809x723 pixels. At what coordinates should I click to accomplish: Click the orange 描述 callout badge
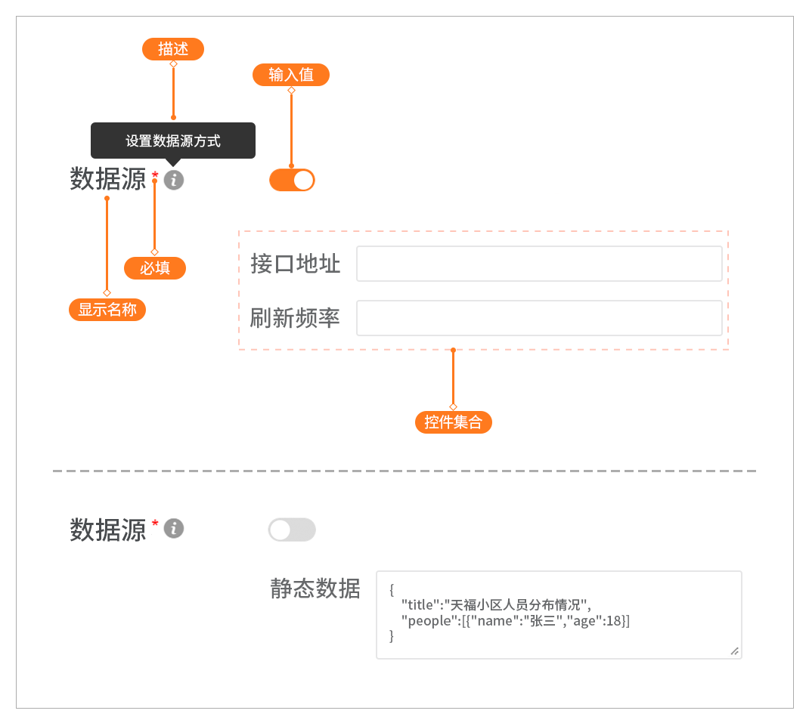173,49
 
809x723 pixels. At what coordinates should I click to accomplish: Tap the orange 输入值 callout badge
291,75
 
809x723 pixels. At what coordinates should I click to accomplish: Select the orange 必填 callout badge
155,268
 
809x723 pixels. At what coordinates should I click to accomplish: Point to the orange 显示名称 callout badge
107,310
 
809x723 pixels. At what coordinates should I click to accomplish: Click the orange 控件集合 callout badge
454,422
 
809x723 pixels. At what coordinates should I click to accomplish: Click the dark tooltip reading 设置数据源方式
173,141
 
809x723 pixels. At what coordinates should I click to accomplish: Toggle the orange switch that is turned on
292,180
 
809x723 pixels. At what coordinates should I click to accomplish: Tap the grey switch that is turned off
292,530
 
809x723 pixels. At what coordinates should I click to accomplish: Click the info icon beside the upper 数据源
174,180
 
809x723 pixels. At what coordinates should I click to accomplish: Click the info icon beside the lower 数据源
174,529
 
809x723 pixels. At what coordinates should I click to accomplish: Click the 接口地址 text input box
539,264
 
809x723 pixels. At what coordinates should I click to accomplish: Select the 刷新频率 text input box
539,318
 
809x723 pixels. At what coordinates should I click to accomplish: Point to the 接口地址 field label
295,264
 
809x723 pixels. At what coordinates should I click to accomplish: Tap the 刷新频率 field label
295,318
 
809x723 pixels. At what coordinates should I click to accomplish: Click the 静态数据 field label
315,589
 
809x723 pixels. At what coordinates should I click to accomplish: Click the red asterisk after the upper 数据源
155,175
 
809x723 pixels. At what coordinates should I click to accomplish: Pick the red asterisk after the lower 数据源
155,524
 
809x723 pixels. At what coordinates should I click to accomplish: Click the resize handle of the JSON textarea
735,651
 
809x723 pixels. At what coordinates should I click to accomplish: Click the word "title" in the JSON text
420,604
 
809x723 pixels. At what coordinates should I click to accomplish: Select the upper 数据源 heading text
108,180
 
